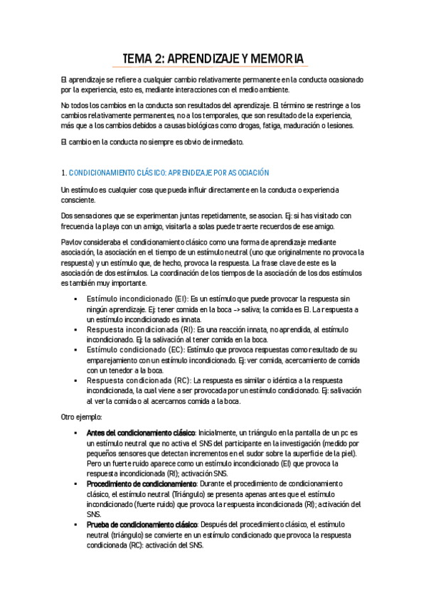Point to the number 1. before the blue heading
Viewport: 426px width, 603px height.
pyautogui.click(x=64, y=172)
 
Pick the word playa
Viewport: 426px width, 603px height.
pyautogui.click(x=117, y=226)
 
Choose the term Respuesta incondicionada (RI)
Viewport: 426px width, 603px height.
pyautogui.click(x=134, y=330)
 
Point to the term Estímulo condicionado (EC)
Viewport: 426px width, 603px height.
pyautogui.click(x=129, y=350)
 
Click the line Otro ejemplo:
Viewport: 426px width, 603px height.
pyautogui.click(x=82, y=416)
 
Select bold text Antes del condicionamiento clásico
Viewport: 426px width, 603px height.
pyautogui.click(x=140, y=432)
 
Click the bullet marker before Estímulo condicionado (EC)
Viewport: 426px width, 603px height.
pyautogui.click(x=75, y=350)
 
